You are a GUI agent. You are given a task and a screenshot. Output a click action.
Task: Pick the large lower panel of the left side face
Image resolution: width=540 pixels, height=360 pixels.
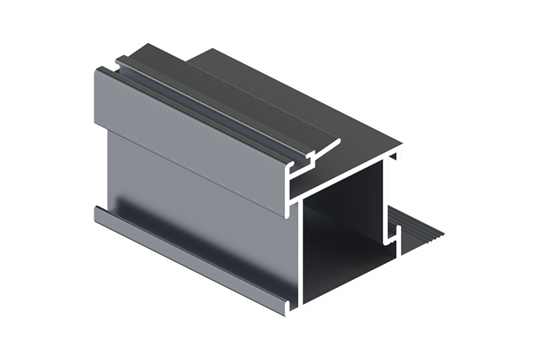click(x=194, y=209)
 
